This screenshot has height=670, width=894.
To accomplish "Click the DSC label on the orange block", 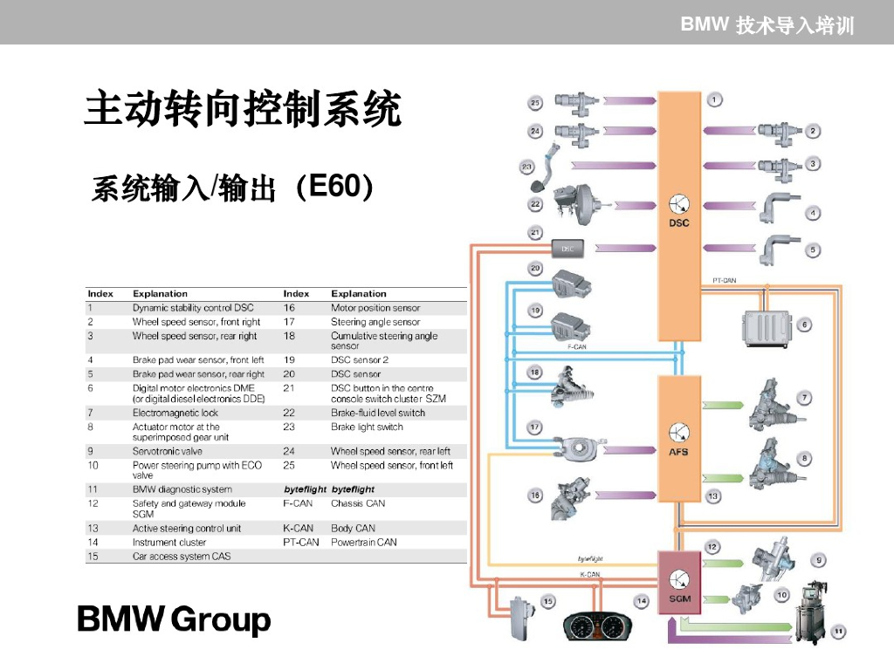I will tap(678, 223).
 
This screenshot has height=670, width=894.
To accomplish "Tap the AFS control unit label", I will tap(678, 452).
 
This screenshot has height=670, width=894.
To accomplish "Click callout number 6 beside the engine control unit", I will tap(804, 325).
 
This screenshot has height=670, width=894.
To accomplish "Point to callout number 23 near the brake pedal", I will tap(527, 166).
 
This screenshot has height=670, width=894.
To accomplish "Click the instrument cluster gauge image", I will tap(596, 627).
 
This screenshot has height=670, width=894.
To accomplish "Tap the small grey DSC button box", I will tap(568, 249).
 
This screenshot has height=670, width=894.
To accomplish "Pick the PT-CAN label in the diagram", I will tap(724, 281).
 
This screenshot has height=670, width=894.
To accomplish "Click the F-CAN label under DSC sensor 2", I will tap(577, 346).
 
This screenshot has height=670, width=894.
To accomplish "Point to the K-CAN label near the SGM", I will tap(590, 575).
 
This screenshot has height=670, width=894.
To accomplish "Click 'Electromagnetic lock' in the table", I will tap(175, 413).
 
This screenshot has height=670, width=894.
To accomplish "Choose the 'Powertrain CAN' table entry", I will tap(363, 542).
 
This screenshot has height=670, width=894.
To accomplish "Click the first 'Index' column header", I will tap(100, 294).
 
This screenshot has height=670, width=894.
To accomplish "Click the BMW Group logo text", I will tap(175, 620).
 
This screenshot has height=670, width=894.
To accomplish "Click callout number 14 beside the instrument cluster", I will tap(642, 601).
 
